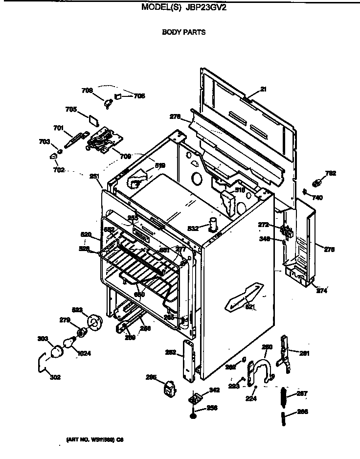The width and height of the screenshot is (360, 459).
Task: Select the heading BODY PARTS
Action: (x=183, y=32)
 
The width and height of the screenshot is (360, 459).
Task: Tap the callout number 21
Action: (x=263, y=89)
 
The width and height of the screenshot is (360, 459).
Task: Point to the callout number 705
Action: (x=71, y=110)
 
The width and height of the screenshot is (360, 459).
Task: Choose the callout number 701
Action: (x=58, y=128)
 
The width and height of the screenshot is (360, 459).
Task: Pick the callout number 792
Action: (x=331, y=173)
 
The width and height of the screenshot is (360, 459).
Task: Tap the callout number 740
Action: (x=317, y=198)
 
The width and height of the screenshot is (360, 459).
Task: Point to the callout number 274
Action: (x=321, y=291)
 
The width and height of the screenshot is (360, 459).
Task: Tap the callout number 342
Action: (x=214, y=390)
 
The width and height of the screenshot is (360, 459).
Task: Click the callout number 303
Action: (x=43, y=338)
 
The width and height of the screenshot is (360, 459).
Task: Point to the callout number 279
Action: (x=65, y=320)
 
